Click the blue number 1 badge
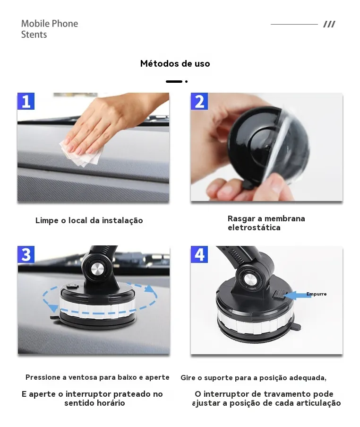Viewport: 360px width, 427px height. click(x=26, y=101)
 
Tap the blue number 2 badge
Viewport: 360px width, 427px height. click(x=199, y=101)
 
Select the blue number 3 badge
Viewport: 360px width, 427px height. click(x=26, y=254)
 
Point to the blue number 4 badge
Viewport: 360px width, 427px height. click(x=199, y=254)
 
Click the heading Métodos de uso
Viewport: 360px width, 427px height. click(x=175, y=63)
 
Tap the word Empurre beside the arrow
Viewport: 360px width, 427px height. click(x=317, y=294)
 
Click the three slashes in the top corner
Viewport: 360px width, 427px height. click(x=329, y=24)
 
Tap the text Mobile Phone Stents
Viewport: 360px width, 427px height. click(x=50, y=29)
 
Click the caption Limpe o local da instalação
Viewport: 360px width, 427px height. click(x=89, y=220)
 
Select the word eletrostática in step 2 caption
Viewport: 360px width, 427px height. click(x=254, y=227)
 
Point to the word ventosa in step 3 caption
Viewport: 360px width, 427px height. click(x=83, y=377)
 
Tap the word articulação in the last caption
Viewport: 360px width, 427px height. click(x=318, y=403)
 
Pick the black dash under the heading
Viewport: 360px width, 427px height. click(x=174, y=81)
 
